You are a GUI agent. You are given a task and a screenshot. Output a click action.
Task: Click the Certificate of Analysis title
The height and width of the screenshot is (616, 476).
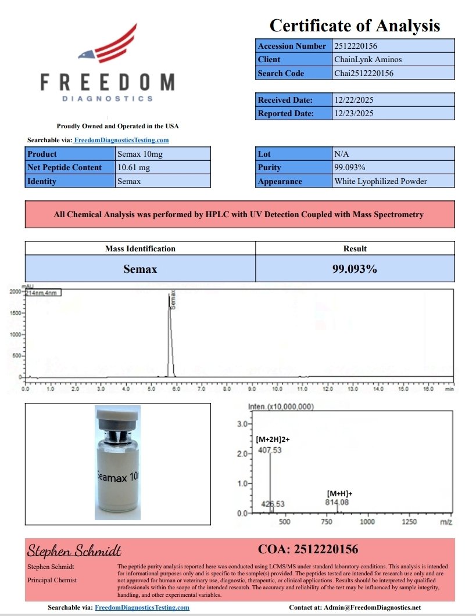355,26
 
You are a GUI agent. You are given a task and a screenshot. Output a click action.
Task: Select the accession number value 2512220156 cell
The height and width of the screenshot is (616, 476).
393,46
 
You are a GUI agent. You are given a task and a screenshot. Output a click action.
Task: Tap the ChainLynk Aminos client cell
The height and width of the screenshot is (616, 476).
393,59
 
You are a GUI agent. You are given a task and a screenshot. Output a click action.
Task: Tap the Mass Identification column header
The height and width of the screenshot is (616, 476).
140,248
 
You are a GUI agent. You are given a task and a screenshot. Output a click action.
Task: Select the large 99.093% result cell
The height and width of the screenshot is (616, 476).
355,269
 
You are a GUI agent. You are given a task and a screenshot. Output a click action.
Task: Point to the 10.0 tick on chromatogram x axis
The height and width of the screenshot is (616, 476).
278,389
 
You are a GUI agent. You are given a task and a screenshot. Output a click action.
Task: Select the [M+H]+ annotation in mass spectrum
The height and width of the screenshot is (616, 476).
340,493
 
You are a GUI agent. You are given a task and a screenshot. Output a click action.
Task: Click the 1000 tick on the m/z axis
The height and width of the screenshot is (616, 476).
367,522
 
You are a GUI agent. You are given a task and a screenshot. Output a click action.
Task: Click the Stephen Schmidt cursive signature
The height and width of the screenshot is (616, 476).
74,550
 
